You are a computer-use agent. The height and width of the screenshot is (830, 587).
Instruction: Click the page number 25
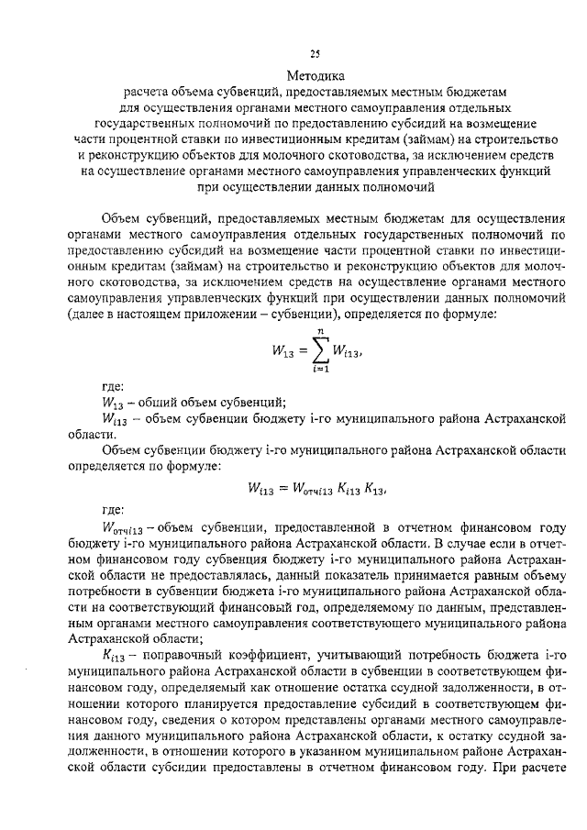315,53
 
